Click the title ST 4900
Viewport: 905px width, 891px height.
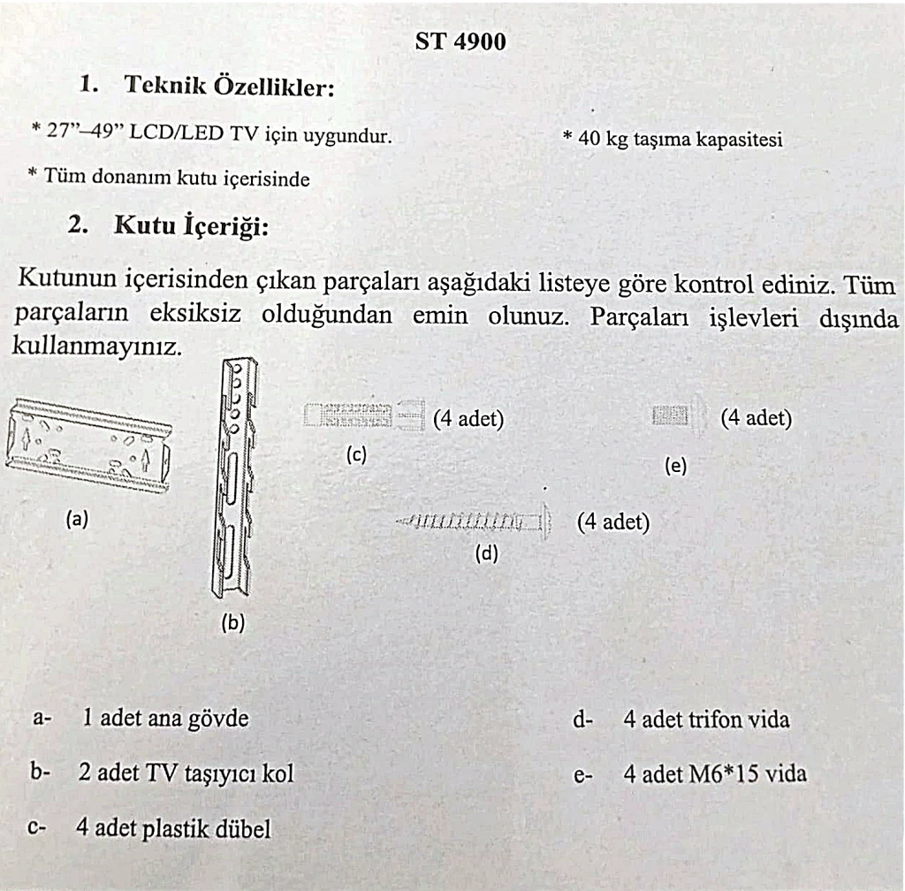[460, 41]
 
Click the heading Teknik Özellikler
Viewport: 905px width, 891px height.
[229, 87]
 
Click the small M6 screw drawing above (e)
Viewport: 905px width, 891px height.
[677, 415]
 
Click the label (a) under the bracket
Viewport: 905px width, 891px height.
[77, 521]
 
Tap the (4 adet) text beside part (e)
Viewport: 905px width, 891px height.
[756, 418]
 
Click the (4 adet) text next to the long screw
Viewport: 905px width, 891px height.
[612, 522]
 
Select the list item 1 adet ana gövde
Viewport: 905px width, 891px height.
[165, 718]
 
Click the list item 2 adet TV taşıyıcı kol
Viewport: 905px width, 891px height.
[186, 773]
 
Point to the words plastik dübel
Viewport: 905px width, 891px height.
[217, 829]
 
